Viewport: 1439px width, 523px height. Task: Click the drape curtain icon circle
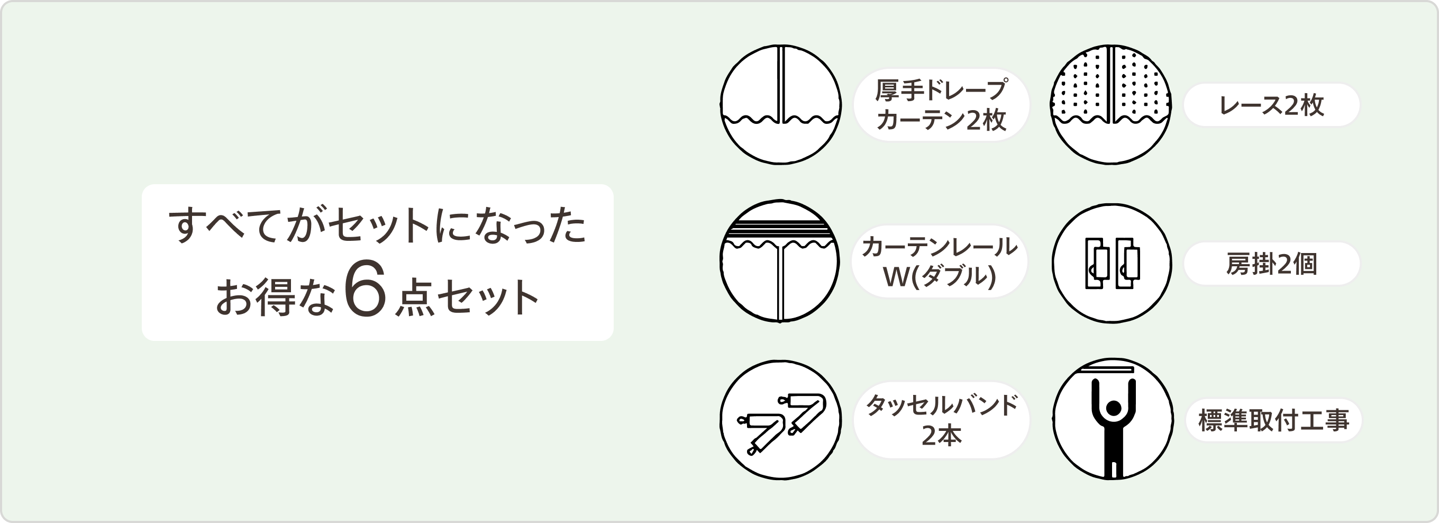pos(780,104)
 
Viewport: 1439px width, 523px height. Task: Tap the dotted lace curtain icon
pos(1111,104)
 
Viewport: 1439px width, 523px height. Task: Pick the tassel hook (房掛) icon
pos(1112,263)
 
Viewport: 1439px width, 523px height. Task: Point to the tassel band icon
pos(780,420)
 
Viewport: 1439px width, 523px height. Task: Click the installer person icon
pos(1113,419)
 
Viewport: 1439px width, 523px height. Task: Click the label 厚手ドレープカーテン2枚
pos(941,104)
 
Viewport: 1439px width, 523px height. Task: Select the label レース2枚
pos(1271,105)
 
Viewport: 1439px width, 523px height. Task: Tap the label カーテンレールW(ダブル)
pos(940,261)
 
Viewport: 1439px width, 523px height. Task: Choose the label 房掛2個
pos(1271,264)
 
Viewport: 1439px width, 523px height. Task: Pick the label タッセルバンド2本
pos(941,420)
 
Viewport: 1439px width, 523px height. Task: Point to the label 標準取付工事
pos(1273,420)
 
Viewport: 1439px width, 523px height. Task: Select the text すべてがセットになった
pos(378,225)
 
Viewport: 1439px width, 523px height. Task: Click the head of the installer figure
pos(1113,409)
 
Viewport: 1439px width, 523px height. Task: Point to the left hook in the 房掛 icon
pos(1096,263)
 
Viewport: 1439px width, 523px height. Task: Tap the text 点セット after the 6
pos(467,298)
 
